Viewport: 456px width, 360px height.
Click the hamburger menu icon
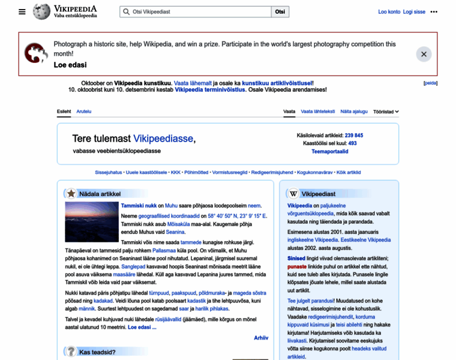pyautogui.click(x=22, y=11)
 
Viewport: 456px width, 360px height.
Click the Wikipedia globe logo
pyautogui.click(x=42, y=11)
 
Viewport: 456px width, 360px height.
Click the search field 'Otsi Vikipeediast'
pyautogui.click(x=198, y=11)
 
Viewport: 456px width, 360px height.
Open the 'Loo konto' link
pyautogui.click(x=389, y=11)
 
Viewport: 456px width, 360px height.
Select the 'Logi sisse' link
pyautogui.click(x=414, y=11)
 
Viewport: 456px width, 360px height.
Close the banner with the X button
pyautogui.click(x=424, y=54)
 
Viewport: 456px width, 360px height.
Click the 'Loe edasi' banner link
pyautogui.click(x=70, y=65)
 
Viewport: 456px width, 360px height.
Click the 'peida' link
pyautogui.click(x=431, y=83)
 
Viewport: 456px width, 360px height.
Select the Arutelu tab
pyautogui.click(x=84, y=112)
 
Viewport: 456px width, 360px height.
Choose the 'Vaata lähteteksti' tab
pyautogui.click(x=317, y=112)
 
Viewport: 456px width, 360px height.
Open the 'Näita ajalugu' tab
pyautogui.click(x=354, y=112)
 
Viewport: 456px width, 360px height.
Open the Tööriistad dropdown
pyautogui.click(x=386, y=112)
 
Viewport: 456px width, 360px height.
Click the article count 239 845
pyautogui.click(x=354, y=136)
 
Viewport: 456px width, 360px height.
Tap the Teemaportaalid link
pyautogui.click(x=329, y=152)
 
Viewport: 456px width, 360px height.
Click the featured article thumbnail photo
pyautogui.click(x=92, y=222)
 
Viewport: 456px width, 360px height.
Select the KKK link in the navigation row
pyautogui.click(x=176, y=172)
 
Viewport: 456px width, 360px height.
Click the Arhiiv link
pyautogui.click(x=261, y=338)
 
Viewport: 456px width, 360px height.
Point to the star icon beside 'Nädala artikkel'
pyautogui.click(x=71, y=194)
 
